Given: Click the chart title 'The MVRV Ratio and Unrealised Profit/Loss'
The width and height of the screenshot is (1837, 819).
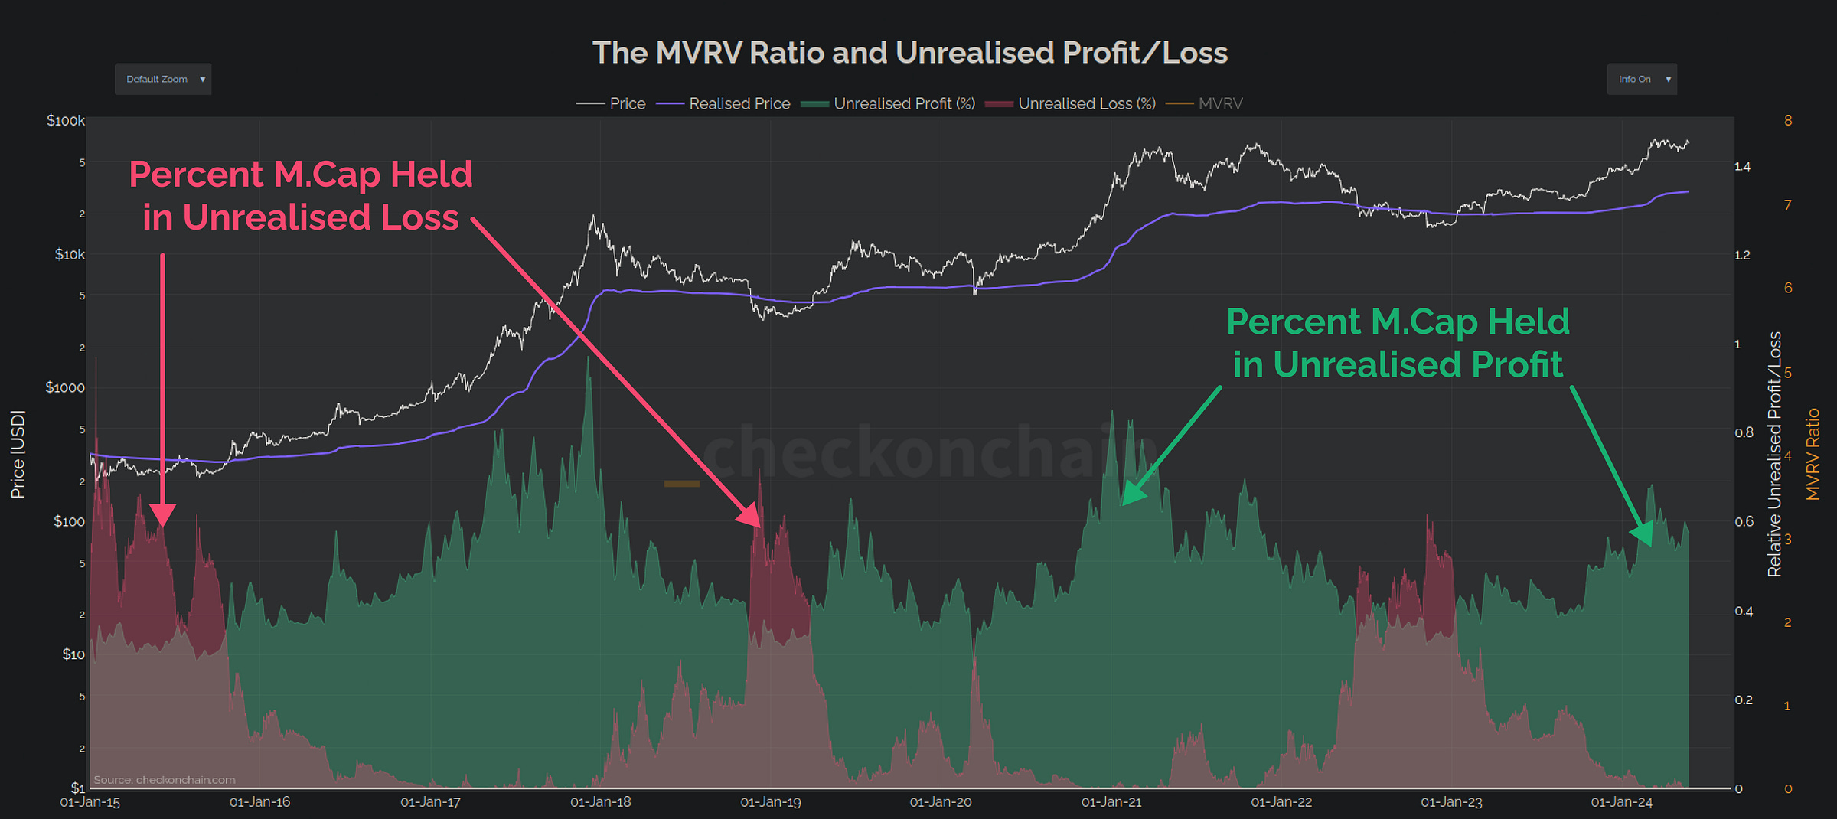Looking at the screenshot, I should [909, 53].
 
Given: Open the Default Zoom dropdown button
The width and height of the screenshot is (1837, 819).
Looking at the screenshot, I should [163, 79].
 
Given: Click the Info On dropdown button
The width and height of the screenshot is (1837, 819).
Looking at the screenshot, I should [1641, 79].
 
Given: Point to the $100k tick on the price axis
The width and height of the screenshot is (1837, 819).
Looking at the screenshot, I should [65, 120].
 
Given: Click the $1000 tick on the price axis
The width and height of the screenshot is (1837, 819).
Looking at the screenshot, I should [65, 387].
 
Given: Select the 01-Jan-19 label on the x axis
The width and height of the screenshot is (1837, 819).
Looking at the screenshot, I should [770, 802].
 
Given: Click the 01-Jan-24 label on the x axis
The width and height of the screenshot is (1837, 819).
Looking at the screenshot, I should [1621, 802].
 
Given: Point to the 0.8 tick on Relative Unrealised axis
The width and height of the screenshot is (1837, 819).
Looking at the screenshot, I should [1744, 432].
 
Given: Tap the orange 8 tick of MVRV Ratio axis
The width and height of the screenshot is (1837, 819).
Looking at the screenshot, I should [1788, 120].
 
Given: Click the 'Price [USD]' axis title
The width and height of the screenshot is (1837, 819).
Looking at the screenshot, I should [18, 454].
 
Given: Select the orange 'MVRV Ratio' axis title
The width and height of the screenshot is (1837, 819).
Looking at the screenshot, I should [1813, 454].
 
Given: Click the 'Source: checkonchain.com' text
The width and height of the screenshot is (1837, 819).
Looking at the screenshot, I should [165, 780].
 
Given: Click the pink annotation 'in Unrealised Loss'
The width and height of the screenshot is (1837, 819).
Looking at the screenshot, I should [300, 217].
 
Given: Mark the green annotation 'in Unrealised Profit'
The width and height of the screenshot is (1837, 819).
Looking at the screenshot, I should [1398, 364].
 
